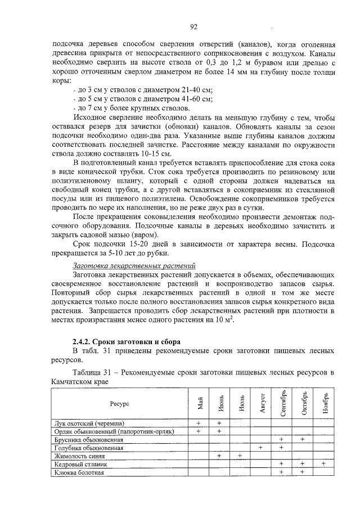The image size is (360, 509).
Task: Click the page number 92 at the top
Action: coord(193,26)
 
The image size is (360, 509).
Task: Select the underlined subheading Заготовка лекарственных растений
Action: coord(132,264)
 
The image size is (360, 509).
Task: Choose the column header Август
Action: coord(262,403)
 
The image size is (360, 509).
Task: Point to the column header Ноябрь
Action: coord(324,403)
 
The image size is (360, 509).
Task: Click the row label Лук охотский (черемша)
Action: coord(89,423)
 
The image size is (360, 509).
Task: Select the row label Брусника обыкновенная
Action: coord(88,439)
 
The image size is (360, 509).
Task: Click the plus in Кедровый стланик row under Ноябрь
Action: coord(324,464)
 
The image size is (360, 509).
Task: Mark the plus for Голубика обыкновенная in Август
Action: coord(261,448)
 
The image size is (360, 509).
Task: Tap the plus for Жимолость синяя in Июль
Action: coord(240,456)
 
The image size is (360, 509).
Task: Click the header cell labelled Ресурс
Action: coord(119,403)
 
